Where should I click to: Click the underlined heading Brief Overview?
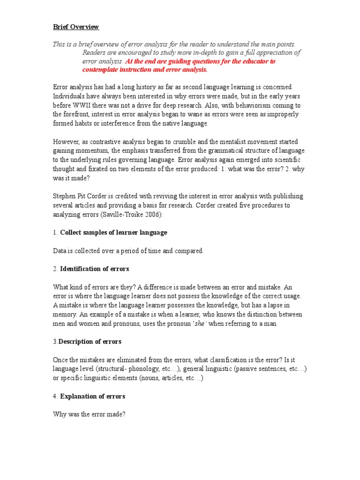point(76,27)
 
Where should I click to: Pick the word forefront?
point(76,114)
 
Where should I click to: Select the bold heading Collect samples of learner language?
point(114,232)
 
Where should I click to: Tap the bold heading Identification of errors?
point(95,269)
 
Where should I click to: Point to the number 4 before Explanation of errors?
point(55,396)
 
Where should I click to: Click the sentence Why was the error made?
point(89,414)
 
